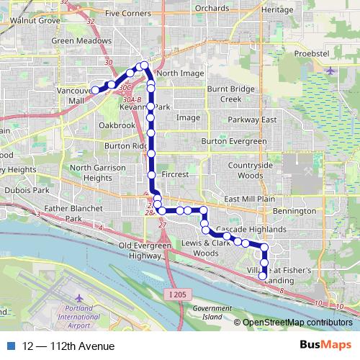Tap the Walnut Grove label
click(34, 21)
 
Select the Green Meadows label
click(80, 41)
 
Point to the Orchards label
click(212, 9)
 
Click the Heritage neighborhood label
click(276, 10)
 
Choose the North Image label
click(180, 73)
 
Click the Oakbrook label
click(117, 125)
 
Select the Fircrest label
click(175, 175)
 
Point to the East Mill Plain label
click(250, 199)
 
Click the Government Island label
click(207, 312)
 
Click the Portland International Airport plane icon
click(78, 298)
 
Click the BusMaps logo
click(325, 346)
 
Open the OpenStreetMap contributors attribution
click(297, 323)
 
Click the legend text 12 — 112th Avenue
click(68, 346)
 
